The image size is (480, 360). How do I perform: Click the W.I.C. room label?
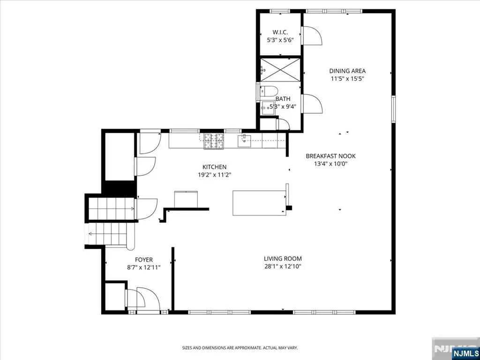[x=280, y=32]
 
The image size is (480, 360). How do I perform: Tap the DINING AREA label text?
[x=347, y=71]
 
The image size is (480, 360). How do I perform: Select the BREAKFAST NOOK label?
[x=330, y=156]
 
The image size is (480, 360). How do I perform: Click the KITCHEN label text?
[x=214, y=167]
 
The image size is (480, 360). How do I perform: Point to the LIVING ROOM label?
[x=283, y=259]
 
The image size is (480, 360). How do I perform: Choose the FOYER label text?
[x=144, y=260]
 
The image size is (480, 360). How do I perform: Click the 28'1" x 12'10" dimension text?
[x=283, y=266]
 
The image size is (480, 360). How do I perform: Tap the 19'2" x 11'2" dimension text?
[x=214, y=175]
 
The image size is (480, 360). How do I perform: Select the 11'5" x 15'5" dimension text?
[x=347, y=79]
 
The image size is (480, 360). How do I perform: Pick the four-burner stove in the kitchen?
[x=214, y=141]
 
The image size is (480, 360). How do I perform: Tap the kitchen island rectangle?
[x=259, y=203]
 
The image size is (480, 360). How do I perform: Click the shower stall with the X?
[x=280, y=70]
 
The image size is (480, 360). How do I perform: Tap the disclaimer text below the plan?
[x=240, y=348]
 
